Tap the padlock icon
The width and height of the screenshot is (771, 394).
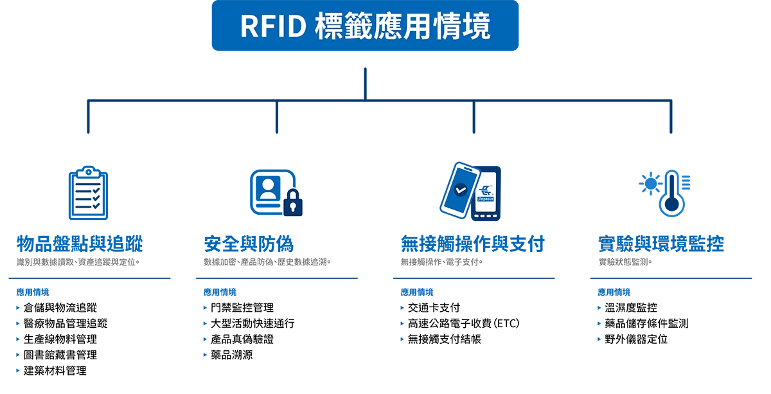point(293,202)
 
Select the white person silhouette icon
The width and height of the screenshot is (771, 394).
point(268,188)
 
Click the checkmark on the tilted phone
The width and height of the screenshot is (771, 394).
point(460,190)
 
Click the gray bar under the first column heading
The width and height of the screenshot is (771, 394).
point(80,262)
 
